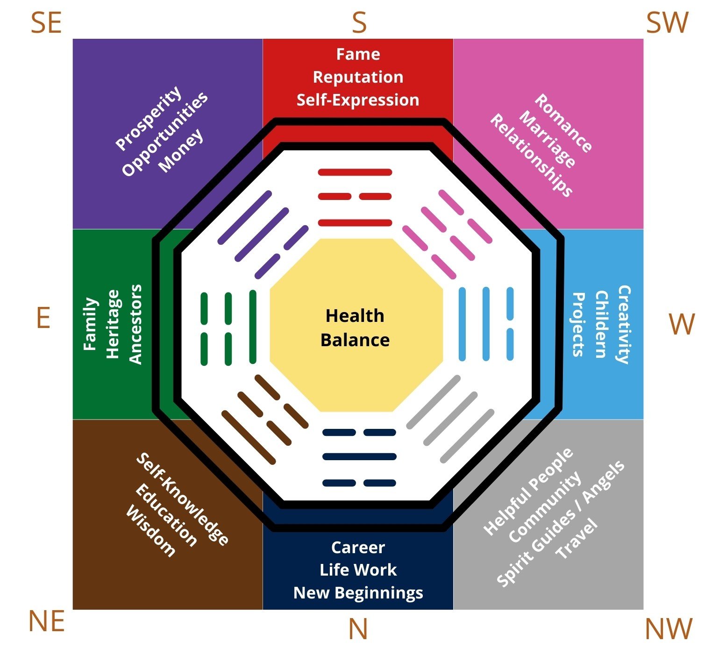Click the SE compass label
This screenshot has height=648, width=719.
tap(46, 23)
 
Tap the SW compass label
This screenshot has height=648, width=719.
tap(667, 23)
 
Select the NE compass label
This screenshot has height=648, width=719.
tap(46, 621)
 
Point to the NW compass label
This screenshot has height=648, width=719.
tap(668, 629)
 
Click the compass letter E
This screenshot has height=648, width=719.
tap(43, 319)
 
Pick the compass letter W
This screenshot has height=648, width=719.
tap(682, 324)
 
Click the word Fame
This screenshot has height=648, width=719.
tap(358, 54)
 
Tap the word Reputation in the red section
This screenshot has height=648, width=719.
tap(358, 77)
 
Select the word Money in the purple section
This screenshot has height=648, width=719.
tap(181, 150)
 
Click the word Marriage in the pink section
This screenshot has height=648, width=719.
tap(547, 139)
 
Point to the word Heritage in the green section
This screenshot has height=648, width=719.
tap(113, 324)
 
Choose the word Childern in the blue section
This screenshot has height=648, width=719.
tap(601, 324)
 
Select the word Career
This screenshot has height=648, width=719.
tap(358, 547)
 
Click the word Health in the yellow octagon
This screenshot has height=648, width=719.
tap(355, 316)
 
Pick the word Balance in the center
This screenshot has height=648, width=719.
tap(355, 340)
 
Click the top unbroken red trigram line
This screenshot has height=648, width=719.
tap(355, 172)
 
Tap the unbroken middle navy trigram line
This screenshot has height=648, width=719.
tap(359, 456)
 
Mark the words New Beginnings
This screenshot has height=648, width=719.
tap(358, 592)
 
